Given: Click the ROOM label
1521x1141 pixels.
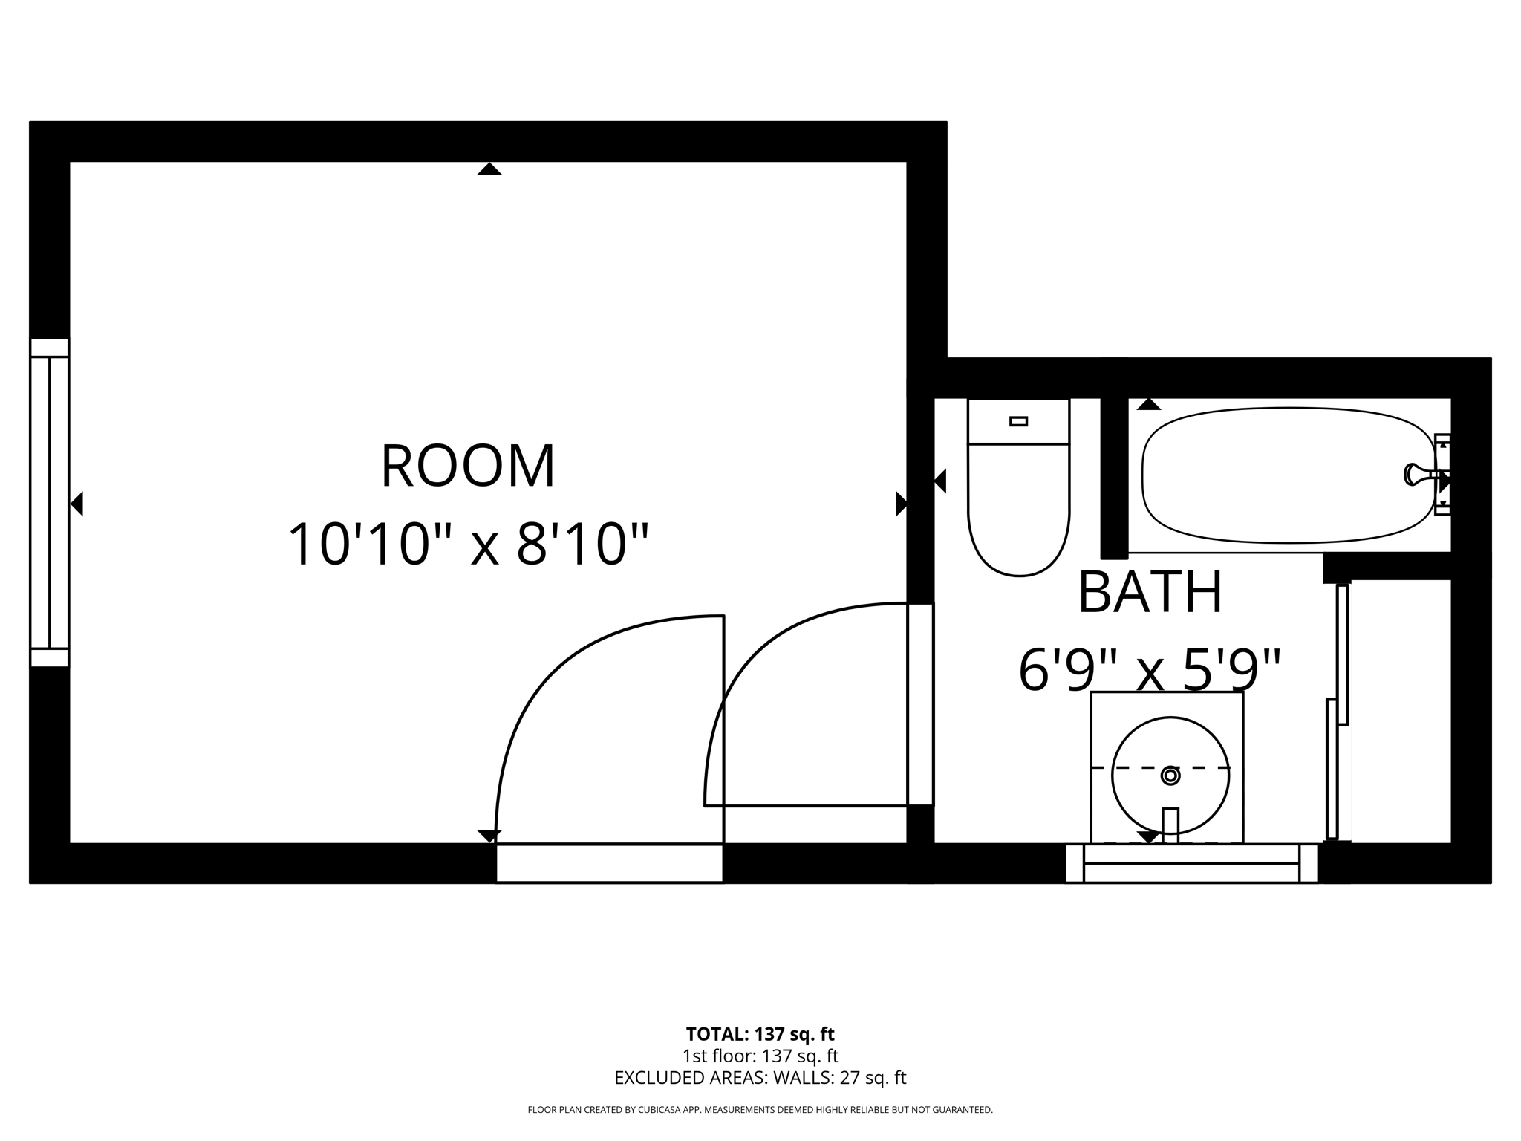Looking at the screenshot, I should point(468,467).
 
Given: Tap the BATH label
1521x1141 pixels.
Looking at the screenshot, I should point(1150,593).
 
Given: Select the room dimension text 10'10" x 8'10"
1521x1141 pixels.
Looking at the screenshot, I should point(468,545).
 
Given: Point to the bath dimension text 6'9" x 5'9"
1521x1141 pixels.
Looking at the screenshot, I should point(1150,671).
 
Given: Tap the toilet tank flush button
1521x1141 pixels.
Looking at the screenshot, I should point(1018,421).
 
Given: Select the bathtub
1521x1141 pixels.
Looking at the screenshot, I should point(1288,475).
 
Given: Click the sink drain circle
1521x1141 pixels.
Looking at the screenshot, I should point(1170,776).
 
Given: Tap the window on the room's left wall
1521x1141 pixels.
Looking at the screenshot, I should point(49,503).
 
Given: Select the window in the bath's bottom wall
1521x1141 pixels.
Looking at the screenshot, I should point(1191,863).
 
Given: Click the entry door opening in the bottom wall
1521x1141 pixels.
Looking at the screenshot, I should point(609,863).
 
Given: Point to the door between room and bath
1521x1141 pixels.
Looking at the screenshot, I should point(920,704).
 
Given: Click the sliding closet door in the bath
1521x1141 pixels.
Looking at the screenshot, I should point(1338,713).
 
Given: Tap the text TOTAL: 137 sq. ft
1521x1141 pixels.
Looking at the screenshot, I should point(760,1034).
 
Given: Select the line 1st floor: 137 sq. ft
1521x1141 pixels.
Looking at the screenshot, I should point(760,1056).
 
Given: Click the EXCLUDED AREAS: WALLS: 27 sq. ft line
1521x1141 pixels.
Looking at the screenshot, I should point(760,1078).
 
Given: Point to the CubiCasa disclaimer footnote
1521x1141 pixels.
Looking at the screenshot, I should point(760,1110).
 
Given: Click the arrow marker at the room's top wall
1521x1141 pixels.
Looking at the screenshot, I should point(489,169).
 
